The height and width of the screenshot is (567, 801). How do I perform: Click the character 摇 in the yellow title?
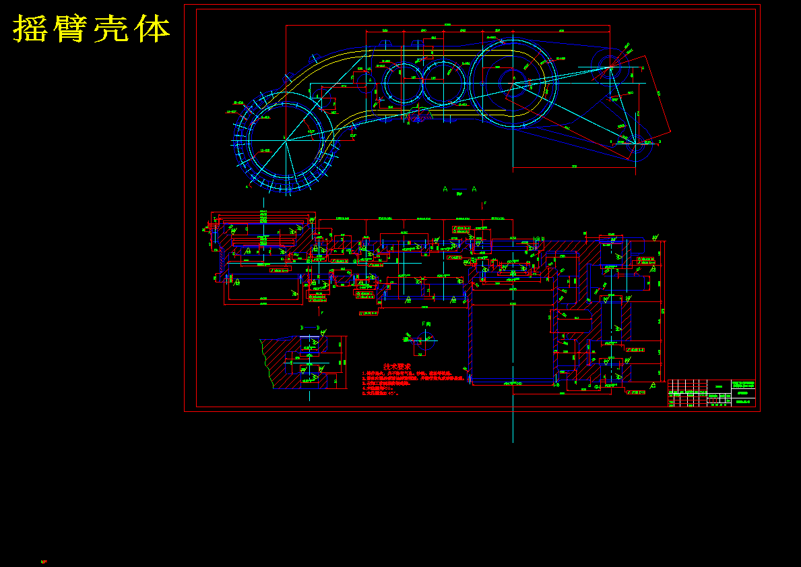click(33, 29)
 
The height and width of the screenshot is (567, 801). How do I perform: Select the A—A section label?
click(459, 189)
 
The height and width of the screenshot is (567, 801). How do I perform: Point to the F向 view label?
click(426, 324)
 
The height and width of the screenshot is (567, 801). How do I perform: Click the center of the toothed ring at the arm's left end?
click(286, 140)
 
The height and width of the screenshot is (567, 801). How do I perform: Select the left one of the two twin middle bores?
click(404, 82)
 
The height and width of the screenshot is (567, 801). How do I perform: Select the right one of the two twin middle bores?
click(443, 82)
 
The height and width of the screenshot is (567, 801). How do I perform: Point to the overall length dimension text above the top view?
click(447, 25)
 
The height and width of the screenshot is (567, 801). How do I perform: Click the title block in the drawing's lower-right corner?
click(711, 394)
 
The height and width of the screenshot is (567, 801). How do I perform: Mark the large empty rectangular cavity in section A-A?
click(512, 344)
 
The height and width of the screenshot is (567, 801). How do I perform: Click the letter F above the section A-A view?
click(484, 203)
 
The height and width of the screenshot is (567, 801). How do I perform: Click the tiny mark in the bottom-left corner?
click(44, 561)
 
